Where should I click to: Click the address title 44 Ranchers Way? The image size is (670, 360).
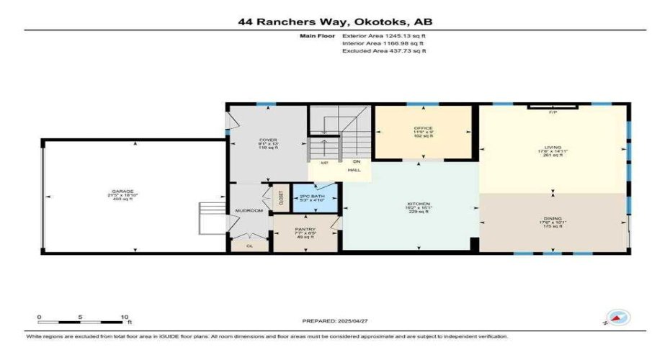point(335,22)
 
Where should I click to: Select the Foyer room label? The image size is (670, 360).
point(268,140)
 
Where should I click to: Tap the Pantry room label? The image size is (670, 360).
point(303,230)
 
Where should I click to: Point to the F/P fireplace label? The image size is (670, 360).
point(553,113)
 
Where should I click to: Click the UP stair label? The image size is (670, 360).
point(324,163)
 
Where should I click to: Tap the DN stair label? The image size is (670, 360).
point(356,163)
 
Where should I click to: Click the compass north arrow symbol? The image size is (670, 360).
point(618,317)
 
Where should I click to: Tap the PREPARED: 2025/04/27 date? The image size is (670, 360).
point(335,320)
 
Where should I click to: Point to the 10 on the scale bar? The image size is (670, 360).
point(124,316)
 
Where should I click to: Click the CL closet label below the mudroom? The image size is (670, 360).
point(249,245)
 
